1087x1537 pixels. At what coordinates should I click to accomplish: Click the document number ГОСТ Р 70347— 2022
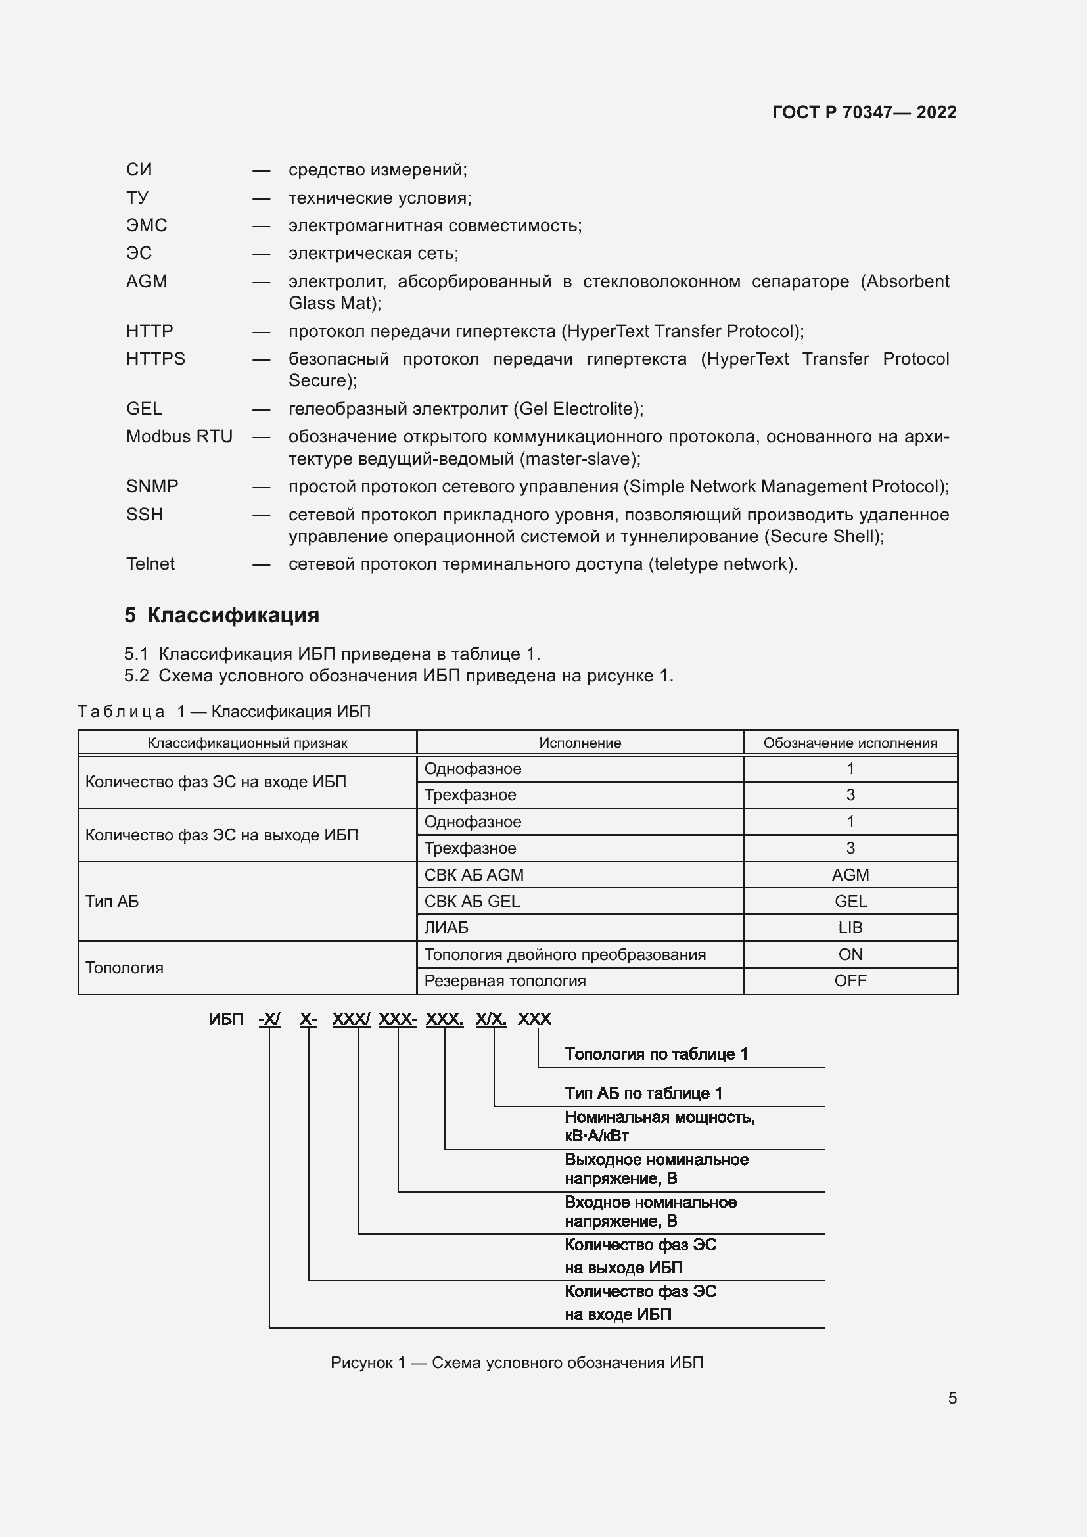tap(864, 112)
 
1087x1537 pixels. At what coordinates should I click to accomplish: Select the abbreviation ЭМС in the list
tap(147, 225)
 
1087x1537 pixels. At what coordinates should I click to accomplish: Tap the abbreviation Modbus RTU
tap(179, 436)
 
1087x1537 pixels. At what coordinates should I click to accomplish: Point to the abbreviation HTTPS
tap(155, 358)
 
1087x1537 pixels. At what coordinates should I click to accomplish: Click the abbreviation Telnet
tap(150, 564)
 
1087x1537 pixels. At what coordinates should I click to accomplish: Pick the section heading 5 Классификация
tap(221, 614)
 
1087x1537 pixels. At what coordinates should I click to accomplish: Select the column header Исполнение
tap(580, 743)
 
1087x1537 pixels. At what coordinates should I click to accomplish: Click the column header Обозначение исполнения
tap(850, 743)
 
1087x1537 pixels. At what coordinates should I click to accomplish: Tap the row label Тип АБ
tap(112, 901)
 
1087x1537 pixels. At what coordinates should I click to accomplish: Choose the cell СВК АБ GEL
tap(472, 901)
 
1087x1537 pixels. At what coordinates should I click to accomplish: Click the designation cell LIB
tap(850, 927)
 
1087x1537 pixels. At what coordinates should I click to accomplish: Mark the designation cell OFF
tap(850, 980)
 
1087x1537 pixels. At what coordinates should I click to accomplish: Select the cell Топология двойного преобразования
tap(565, 954)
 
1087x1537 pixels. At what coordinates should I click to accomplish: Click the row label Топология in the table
tap(124, 967)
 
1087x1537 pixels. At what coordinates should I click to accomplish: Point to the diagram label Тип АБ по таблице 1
tap(643, 1093)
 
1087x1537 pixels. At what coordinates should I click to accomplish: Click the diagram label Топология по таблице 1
tap(656, 1053)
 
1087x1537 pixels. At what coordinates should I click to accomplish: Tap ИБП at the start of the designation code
tap(226, 1019)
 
